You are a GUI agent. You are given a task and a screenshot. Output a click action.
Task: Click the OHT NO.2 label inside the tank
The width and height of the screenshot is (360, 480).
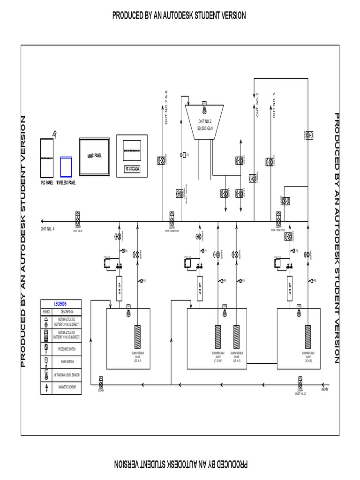[x=205, y=122]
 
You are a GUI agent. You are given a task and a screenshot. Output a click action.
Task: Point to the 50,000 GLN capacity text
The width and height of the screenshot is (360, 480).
[x=205, y=128]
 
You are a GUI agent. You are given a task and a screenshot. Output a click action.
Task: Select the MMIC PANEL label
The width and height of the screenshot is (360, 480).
[x=94, y=156]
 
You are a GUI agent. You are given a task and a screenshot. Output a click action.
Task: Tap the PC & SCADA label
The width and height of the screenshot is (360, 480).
[x=132, y=169]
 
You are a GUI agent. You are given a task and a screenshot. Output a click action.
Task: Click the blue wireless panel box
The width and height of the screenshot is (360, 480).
[x=66, y=166]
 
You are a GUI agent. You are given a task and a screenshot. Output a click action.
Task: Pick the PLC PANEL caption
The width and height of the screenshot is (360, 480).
[x=46, y=183]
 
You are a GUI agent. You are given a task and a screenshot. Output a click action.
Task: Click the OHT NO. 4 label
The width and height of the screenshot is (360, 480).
[x=47, y=228]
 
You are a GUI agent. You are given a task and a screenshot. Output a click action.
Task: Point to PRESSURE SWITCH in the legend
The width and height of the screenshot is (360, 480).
[x=66, y=349]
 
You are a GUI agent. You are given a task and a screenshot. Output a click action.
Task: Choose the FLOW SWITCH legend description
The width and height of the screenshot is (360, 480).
[x=66, y=362]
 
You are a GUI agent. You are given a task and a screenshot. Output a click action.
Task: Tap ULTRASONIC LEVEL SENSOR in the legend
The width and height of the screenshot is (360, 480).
[x=66, y=375]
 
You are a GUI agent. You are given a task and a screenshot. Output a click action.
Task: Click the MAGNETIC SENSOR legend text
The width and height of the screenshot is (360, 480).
[x=66, y=388]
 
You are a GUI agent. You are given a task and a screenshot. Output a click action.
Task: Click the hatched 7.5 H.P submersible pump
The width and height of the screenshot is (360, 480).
[x=218, y=336]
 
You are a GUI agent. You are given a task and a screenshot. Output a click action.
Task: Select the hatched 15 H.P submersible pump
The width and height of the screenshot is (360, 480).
[x=237, y=336]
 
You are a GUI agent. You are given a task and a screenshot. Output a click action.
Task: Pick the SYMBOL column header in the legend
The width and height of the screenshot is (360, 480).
[x=46, y=312]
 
